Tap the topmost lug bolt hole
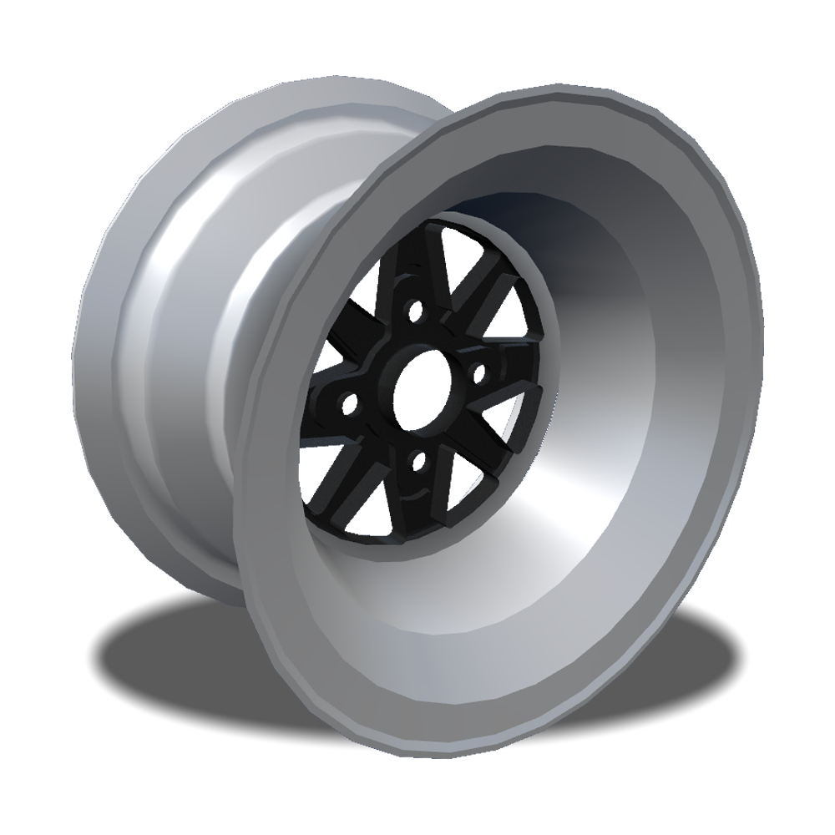(412, 313)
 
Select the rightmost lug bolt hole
(478, 368)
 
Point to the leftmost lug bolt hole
(351, 408)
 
